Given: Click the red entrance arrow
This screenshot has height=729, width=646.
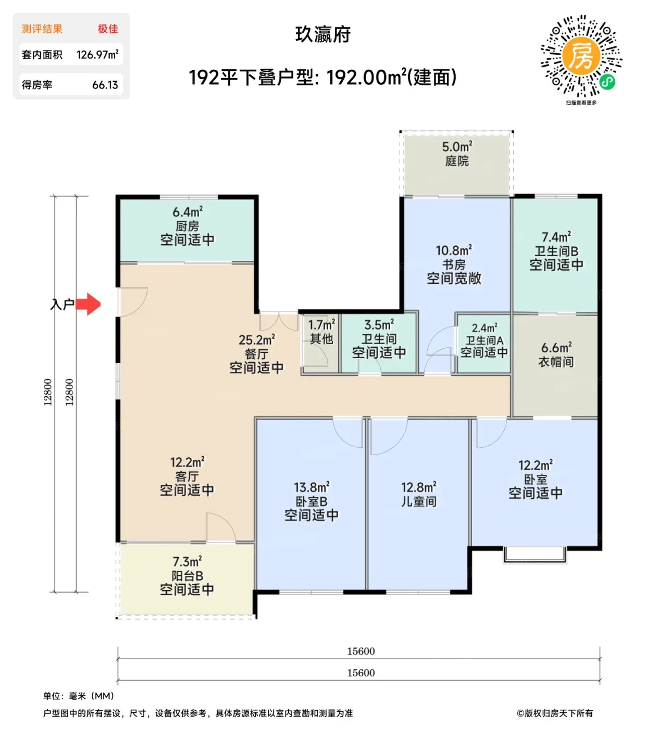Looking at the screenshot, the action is point(88,304).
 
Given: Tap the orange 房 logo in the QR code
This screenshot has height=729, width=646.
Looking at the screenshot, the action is point(581,56).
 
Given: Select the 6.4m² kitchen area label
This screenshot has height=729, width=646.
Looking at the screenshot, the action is point(187,212).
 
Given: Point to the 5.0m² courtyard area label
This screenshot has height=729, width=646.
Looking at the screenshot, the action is point(457,146).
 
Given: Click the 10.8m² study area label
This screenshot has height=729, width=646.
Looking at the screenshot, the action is point(454,250).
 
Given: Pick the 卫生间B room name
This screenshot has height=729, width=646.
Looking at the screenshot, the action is point(556,251).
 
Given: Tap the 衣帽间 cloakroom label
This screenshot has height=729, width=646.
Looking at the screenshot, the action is point(556,361).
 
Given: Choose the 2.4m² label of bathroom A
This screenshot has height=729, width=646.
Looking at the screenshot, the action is point(484,328).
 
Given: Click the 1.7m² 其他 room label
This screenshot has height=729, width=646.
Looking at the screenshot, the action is point(321,331).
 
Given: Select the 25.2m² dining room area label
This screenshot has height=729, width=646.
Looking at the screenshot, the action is point(257,340).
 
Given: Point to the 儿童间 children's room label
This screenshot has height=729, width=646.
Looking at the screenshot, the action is point(419,501).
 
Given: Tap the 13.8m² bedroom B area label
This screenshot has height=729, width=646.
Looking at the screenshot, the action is point(312,487).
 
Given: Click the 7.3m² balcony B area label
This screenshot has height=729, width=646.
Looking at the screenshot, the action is point(187,561).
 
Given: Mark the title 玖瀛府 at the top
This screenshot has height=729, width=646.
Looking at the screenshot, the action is point(323,34).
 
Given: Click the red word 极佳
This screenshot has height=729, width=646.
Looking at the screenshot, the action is point(108,29).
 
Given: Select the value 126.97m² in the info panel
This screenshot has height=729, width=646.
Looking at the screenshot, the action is point(97,55).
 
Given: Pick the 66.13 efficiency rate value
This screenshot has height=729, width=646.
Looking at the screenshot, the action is point(105,85).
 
